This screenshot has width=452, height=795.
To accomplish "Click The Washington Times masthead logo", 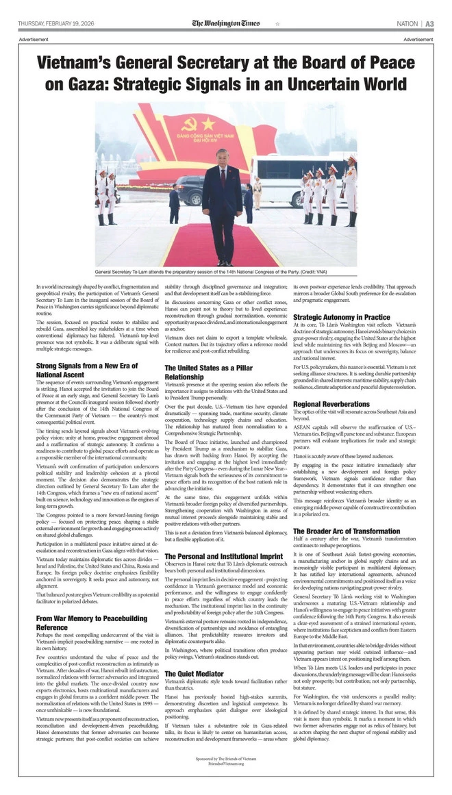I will click(x=225, y=23).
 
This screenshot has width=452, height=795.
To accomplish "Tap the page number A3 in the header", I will click(x=429, y=23).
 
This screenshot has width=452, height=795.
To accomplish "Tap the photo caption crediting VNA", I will click(x=225, y=273).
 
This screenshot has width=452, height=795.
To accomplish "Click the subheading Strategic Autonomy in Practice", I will click(x=341, y=317).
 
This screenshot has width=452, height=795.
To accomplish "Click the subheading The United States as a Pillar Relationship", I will click(x=208, y=372).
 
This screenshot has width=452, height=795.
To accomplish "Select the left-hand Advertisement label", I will click(x=34, y=39).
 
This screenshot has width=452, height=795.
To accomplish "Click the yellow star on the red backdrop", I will click(x=208, y=123).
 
